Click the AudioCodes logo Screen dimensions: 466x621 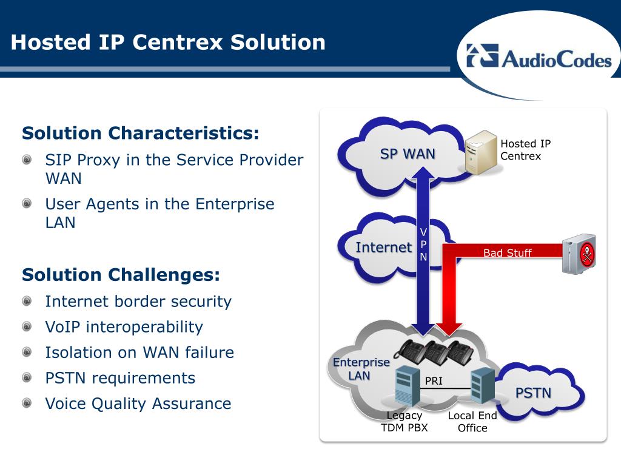point(539,58)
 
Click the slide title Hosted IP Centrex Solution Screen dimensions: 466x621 point(168,42)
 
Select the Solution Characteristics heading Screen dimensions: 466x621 point(141,133)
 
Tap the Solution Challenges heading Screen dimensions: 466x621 point(121,275)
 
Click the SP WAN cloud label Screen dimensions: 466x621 point(408,154)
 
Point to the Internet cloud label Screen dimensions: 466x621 point(383,247)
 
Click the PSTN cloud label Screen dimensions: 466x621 point(533,393)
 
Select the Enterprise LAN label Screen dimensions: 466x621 point(361,369)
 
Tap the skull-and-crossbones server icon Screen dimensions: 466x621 point(579,254)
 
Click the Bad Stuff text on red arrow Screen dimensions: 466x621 point(507,253)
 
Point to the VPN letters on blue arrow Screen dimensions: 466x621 point(424,245)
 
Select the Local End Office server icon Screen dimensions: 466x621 point(483,387)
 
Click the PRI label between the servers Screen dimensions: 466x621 point(433,381)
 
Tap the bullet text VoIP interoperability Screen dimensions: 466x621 point(124,327)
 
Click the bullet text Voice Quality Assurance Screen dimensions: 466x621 point(138,404)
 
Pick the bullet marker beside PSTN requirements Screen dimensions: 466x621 point(27,377)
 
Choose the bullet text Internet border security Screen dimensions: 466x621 point(138,302)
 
